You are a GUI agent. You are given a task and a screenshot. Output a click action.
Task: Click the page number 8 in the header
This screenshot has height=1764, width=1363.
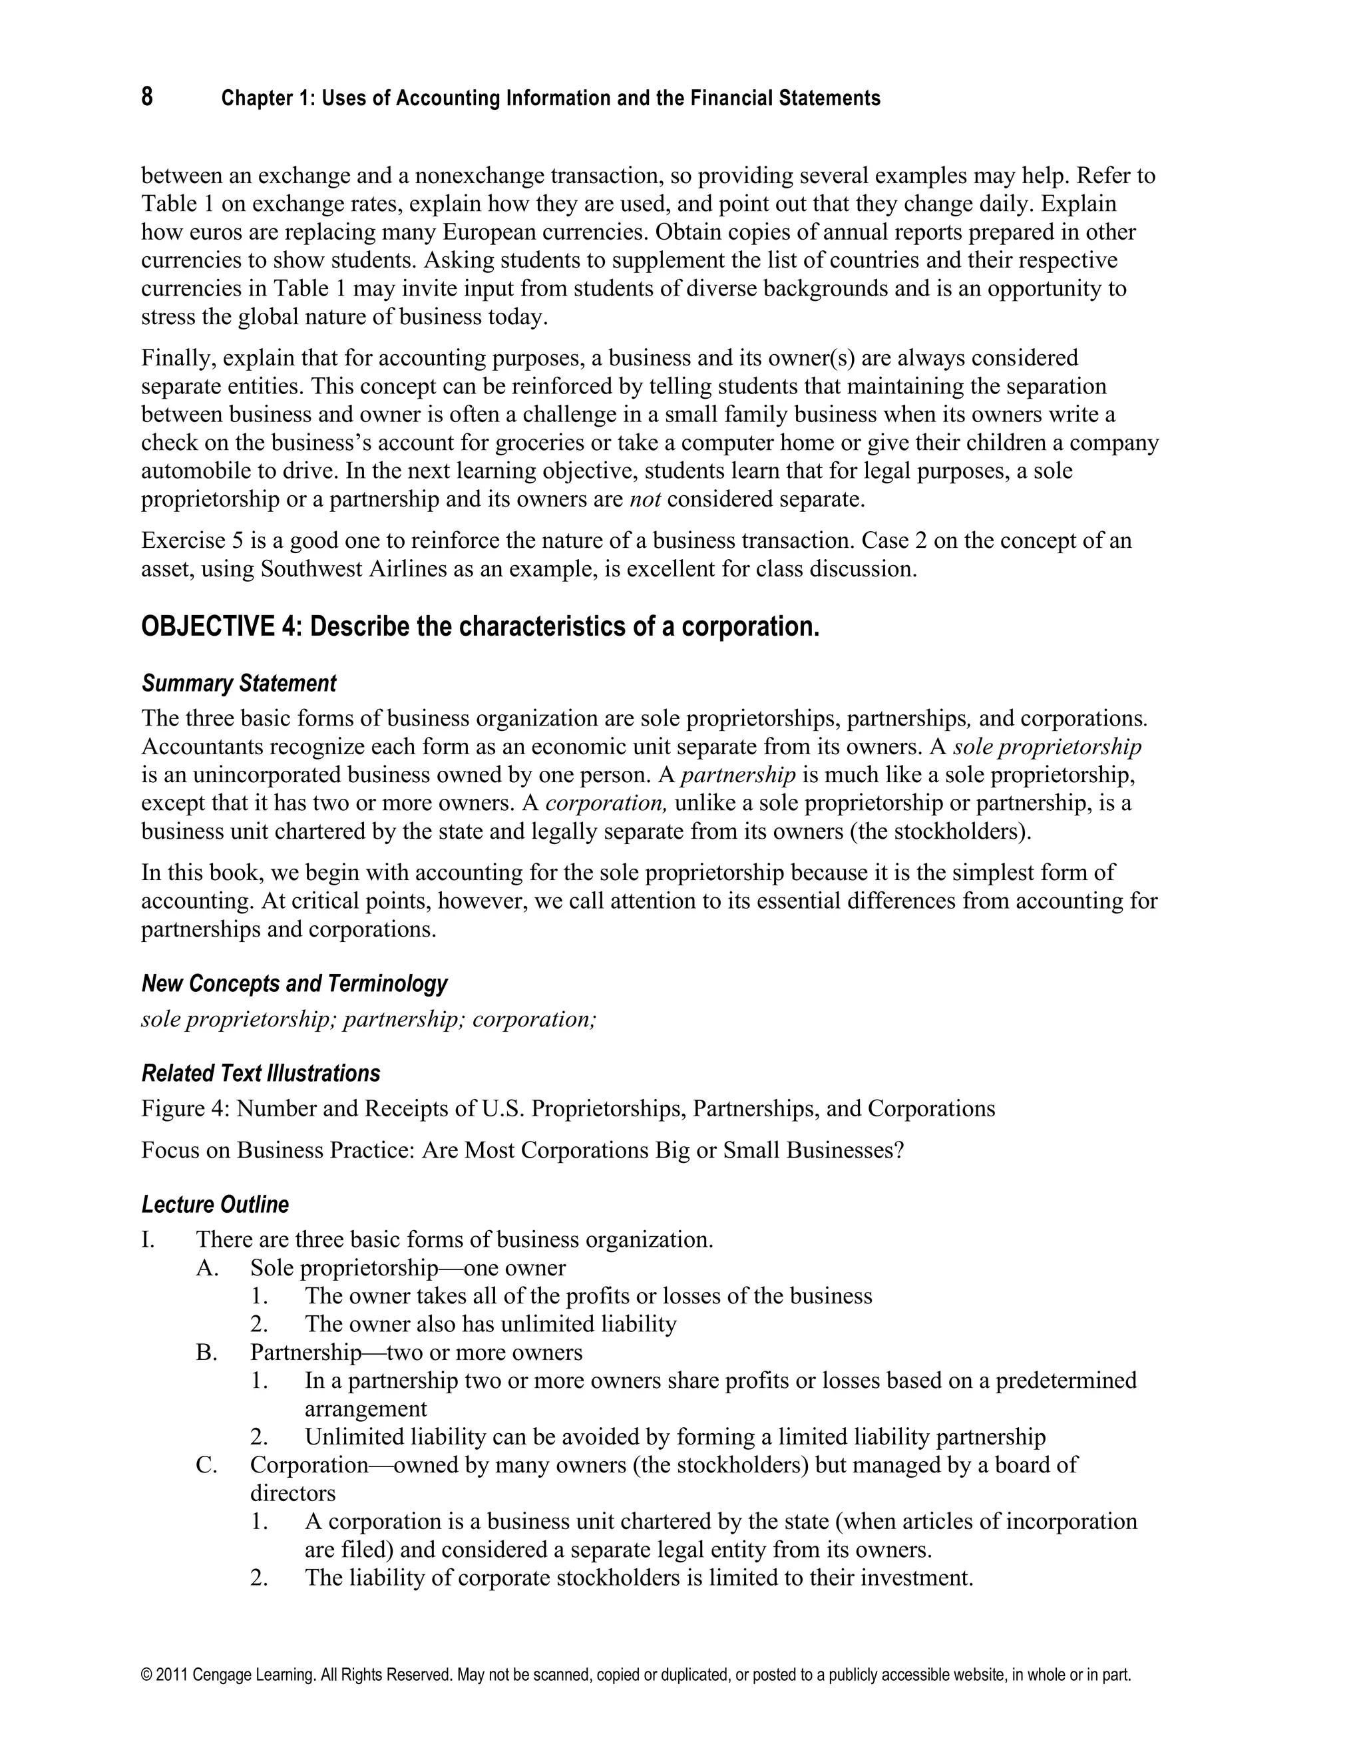(x=147, y=97)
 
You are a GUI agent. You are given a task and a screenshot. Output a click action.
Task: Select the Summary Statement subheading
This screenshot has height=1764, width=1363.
(x=238, y=684)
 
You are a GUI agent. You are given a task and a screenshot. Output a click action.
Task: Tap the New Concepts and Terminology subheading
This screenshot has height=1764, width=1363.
(x=294, y=984)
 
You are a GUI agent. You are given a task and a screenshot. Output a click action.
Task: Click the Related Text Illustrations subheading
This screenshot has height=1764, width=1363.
(x=260, y=1074)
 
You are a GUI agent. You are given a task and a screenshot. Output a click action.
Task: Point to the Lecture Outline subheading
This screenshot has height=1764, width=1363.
(x=215, y=1205)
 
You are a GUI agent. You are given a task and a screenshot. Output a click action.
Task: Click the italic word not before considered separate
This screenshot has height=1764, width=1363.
(x=644, y=499)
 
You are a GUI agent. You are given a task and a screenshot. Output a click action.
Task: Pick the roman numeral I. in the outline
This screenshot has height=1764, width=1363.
(x=148, y=1240)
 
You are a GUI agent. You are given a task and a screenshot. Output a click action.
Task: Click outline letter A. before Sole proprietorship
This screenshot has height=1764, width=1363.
(x=208, y=1268)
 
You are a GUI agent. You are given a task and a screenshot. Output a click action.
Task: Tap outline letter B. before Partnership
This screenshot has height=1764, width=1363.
(x=207, y=1352)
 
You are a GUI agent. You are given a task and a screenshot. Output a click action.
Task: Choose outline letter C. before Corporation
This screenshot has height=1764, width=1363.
(x=207, y=1465)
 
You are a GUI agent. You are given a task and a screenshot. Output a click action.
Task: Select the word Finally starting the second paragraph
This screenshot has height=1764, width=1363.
(x=178, y=358)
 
